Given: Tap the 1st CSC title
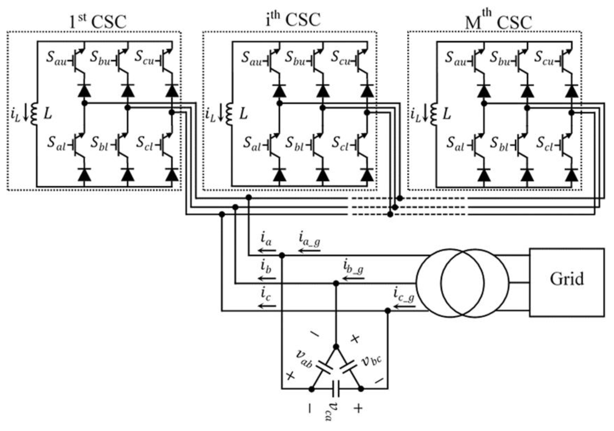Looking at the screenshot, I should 98,21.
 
